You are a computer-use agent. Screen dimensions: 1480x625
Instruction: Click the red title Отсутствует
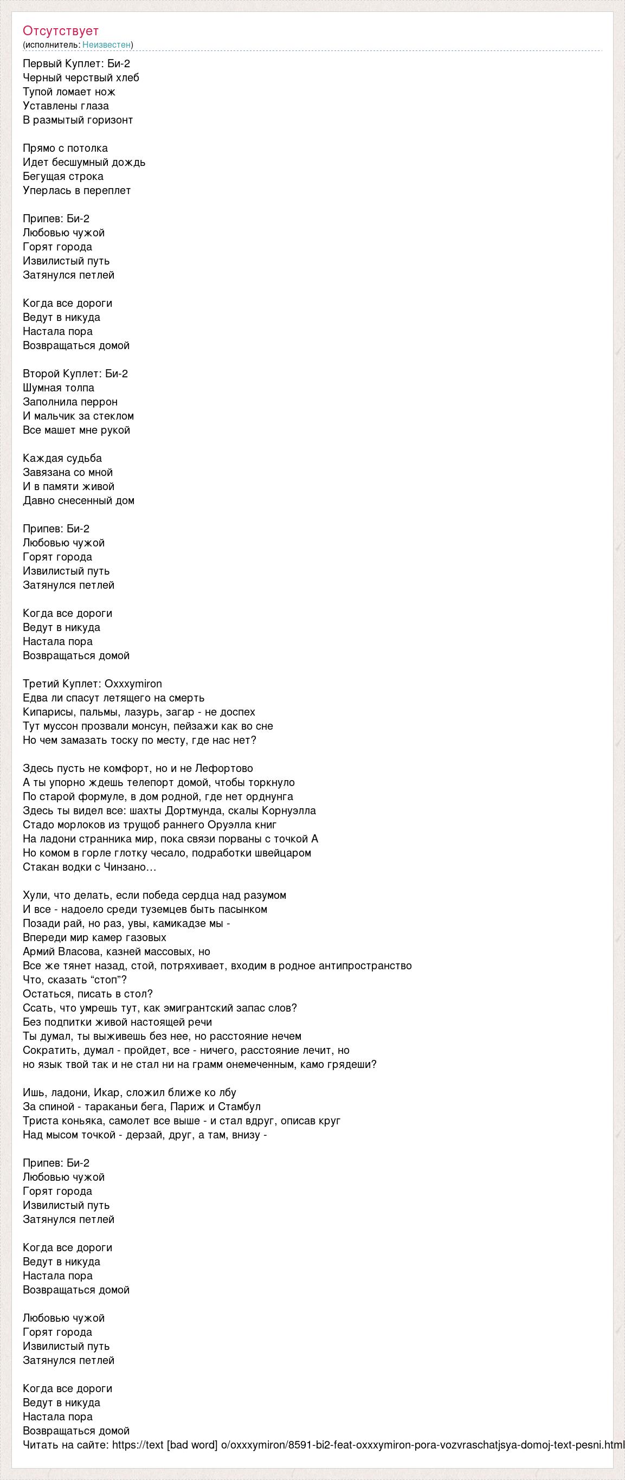[x=61, y=31]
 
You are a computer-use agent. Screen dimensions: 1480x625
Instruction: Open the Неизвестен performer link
[x=106, y=45]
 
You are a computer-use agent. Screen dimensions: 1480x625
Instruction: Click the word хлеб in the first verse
[x=127, y=78]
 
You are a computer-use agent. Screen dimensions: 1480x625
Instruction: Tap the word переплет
[x=109, y=190]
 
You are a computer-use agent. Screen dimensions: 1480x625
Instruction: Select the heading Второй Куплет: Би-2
[x=75, y=374]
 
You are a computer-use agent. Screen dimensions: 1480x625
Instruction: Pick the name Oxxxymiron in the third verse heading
[x=133, y=684]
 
